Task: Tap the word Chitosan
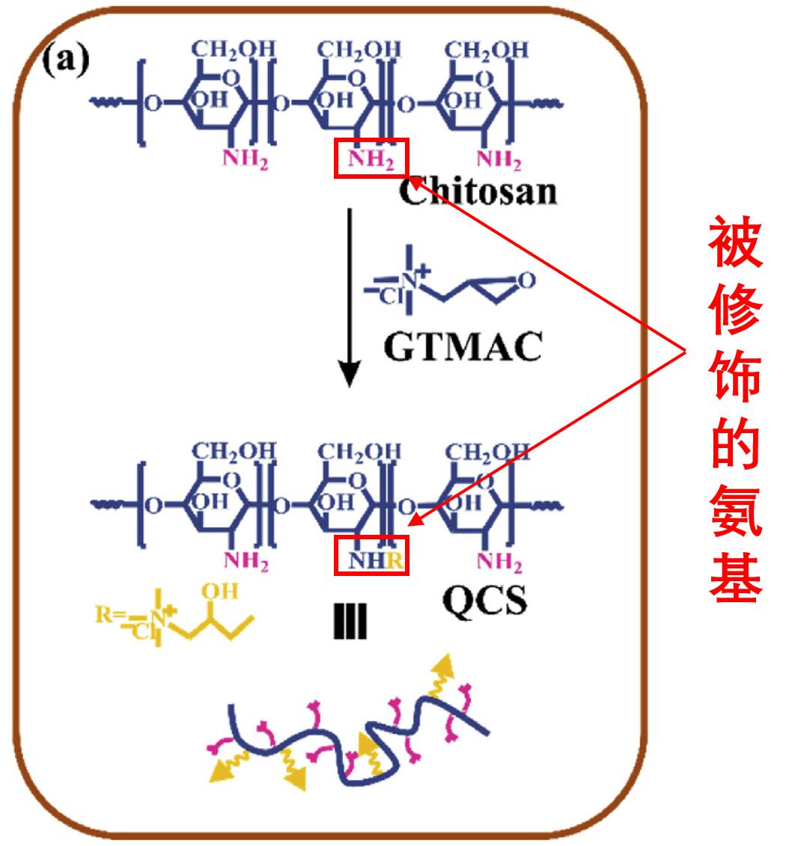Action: click(478, 191)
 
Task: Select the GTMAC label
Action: click(463, 346)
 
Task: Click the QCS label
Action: click(484, 601)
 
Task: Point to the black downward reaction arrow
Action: click(350, 298)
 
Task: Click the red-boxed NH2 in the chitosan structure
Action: click(371, 159)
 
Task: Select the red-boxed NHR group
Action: click(371, 555)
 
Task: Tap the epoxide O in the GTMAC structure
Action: click(526, 280)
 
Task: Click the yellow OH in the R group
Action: click(220, 592)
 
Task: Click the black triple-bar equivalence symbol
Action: click(350, 621)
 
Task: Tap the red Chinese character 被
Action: click(735, 242)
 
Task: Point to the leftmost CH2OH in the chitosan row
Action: click(234, 49)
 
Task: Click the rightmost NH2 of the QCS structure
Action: click(499, 562)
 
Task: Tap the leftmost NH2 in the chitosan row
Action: click(246, 159)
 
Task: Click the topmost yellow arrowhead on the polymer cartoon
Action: click(444, 666)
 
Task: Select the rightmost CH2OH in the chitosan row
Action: click(486, 50)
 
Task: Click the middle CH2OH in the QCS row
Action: click(359, 452)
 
